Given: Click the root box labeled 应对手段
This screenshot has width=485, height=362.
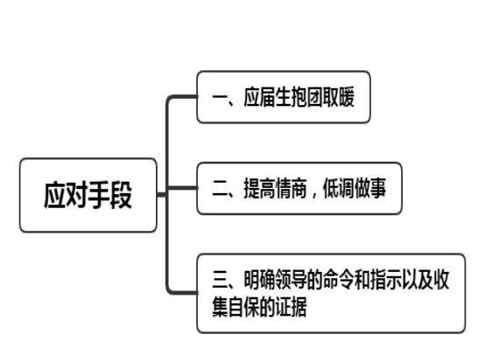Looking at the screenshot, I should pyautogui.click(x=88, y=195).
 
